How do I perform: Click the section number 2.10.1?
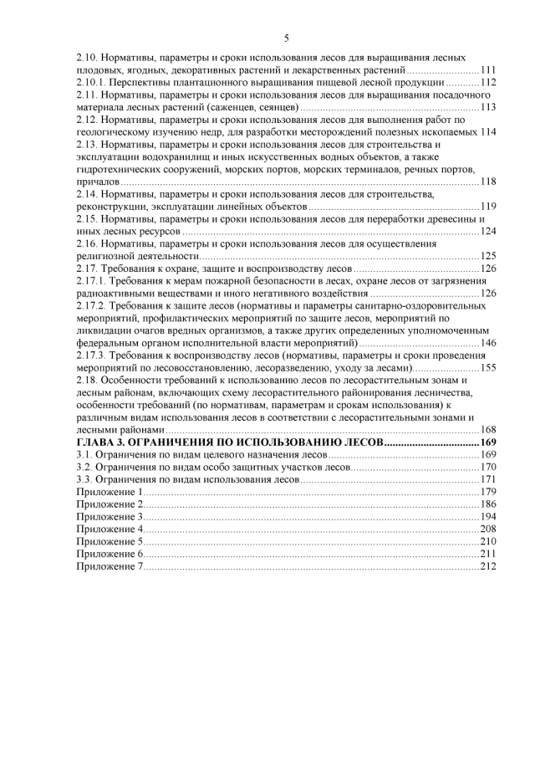tap(89, 83)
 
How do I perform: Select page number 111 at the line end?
tap(488, 70)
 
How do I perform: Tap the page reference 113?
tap(488, 107)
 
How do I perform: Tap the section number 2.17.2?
tap(89, 306)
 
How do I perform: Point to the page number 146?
tap(488, 343)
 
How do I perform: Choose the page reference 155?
tap(488, 368)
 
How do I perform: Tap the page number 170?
tap(488, 467)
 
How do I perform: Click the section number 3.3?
tap(83, 479)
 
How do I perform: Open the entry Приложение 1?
tap(109, 492)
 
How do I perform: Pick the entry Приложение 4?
tap(110, 529)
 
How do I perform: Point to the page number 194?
tap(488, 517)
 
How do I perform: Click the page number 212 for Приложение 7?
tap(488, 566)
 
